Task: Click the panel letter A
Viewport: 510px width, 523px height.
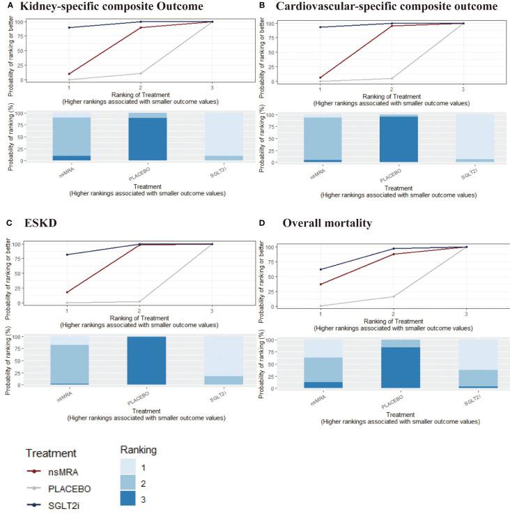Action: coord(6,6)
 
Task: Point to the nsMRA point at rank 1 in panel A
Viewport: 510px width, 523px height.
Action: coord(69,74)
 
